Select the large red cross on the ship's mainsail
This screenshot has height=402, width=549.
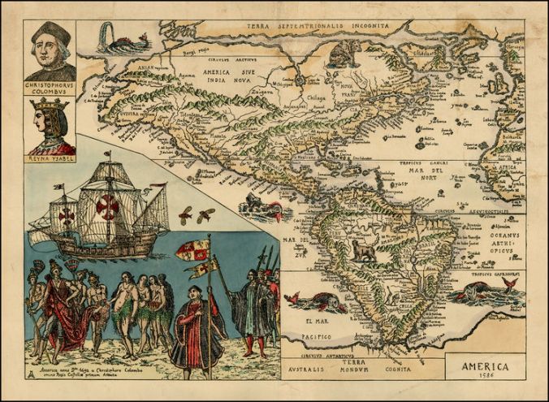(107, 207)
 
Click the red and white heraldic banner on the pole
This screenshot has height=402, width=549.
(192, 251)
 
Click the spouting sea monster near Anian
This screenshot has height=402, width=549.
(122, 40)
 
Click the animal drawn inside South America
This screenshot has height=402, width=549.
(363, 253)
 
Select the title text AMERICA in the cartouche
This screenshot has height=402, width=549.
(485, 366)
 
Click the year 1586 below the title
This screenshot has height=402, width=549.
(486, 378)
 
